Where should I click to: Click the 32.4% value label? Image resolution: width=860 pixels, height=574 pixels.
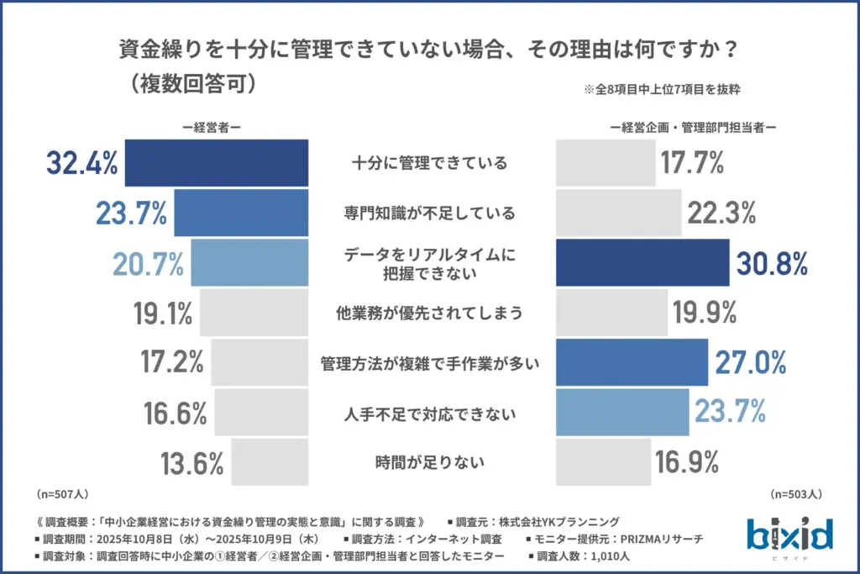pos(81,163)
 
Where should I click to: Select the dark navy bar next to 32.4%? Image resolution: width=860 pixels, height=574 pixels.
pos(216,163)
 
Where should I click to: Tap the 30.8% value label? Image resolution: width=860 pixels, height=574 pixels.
pos(772,263)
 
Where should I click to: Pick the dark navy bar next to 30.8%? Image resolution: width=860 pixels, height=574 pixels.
pos(642,263)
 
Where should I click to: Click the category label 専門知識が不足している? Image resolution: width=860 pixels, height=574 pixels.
pos(429,213)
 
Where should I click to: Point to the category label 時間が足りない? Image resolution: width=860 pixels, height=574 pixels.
pos(429,461)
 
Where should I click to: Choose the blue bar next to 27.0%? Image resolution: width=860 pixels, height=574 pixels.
pos(632,362)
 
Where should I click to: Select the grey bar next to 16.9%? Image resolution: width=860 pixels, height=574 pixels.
pos(603,462)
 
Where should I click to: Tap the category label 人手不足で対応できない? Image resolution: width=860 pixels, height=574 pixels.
pos(429,413)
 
